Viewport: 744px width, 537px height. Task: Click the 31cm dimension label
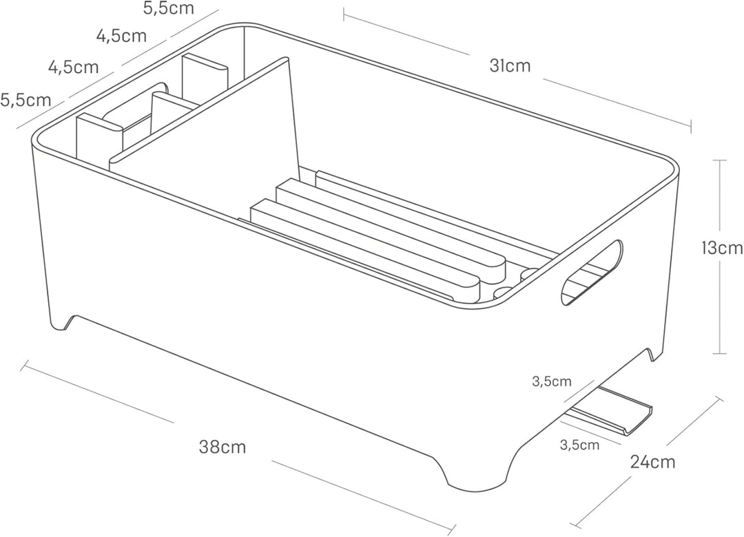[510, 66]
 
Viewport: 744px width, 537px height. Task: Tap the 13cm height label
[722, 248]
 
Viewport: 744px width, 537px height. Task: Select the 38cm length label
[223, 447]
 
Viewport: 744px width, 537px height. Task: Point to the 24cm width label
[652, 461]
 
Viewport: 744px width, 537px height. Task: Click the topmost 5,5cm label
[169, 8]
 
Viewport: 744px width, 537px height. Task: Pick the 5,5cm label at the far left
[25, 101]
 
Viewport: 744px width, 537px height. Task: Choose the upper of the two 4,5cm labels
[121, 36]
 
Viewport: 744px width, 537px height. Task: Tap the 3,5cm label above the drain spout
[552, 381]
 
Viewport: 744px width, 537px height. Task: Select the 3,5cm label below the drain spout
[579, 445]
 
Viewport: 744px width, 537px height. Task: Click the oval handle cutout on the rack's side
[591, 273]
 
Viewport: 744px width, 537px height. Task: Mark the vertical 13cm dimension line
[721, 257]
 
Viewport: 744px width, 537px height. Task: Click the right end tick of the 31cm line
[690, 127]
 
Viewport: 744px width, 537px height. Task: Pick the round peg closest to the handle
[531, 274]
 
